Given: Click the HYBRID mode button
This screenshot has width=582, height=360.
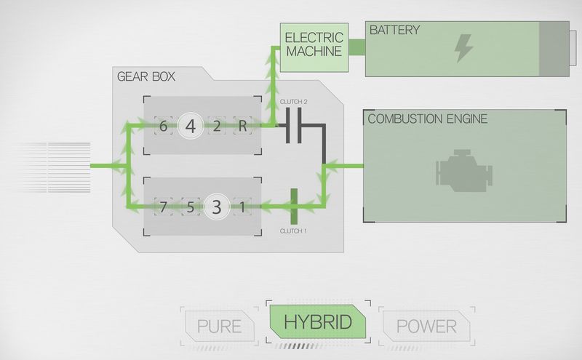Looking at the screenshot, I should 318,322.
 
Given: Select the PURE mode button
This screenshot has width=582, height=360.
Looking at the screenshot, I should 219,326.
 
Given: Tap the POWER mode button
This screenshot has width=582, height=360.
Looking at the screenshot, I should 426,326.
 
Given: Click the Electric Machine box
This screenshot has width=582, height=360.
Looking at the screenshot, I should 314,45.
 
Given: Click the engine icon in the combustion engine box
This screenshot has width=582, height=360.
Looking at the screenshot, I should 461,172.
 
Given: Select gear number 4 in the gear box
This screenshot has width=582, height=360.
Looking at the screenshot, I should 191,125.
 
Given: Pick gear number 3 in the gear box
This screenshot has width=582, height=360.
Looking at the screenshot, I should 215,207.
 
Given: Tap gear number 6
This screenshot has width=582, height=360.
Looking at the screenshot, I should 164,126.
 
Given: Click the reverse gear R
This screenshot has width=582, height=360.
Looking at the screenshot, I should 242,126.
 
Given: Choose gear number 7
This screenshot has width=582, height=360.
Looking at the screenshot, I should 164,207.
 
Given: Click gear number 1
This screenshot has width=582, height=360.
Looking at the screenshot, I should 242,207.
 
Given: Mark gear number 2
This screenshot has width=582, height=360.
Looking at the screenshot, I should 217,126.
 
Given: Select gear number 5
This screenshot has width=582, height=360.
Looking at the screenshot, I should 190,207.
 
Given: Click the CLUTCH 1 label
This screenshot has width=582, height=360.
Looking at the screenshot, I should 293,231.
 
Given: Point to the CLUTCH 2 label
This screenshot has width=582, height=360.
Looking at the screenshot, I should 292,101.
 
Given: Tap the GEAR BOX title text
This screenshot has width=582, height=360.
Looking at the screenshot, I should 145,76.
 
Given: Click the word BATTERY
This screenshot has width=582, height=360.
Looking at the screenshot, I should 394,31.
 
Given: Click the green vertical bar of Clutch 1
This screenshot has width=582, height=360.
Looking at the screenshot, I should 294,206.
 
